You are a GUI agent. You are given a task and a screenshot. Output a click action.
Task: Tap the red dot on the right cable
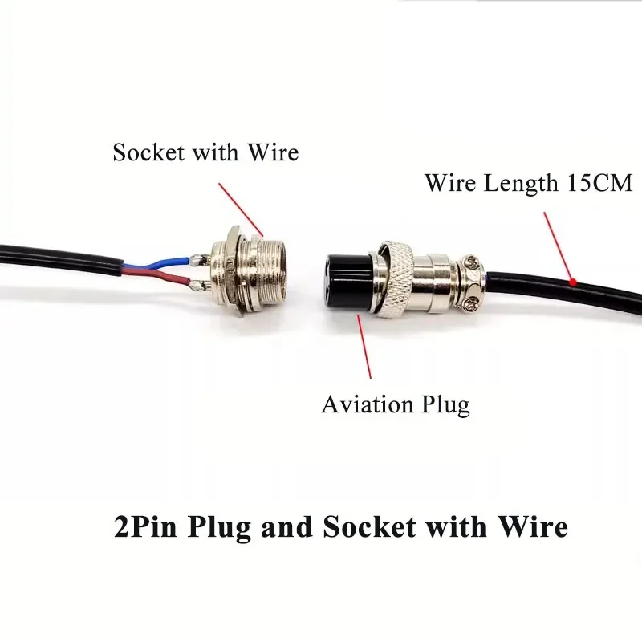573,282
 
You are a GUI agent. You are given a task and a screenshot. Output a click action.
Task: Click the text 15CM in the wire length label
599,182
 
